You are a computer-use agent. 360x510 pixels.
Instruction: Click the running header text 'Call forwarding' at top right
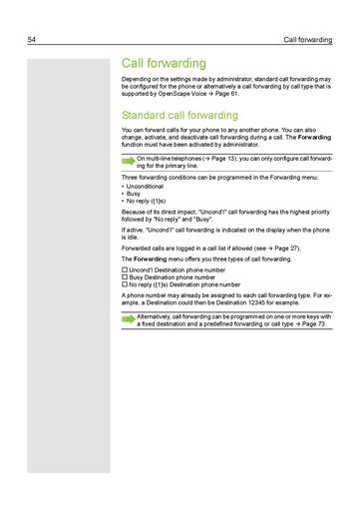[x=308, y=40]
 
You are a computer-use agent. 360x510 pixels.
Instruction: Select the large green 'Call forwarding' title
[x=164, y=63]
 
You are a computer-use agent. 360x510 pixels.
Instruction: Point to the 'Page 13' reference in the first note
[x=218, y=159]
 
